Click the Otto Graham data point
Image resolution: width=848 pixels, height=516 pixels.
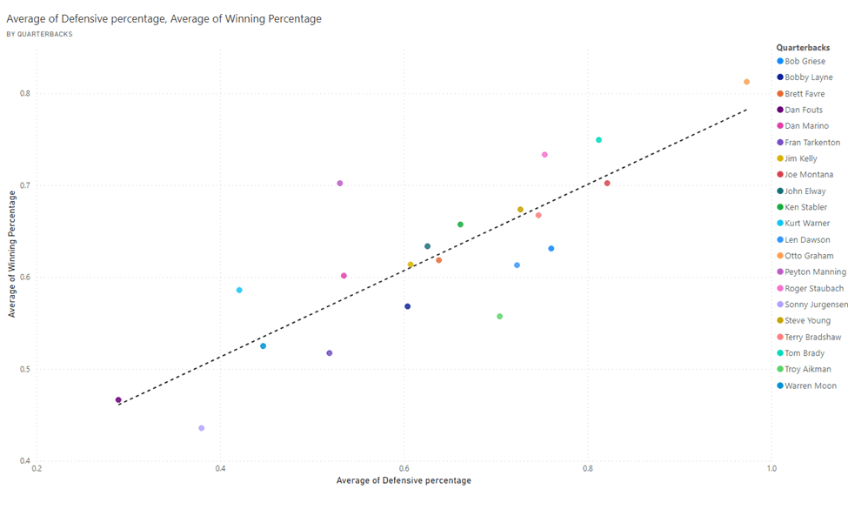(746, 82)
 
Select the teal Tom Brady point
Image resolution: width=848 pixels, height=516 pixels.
(598, 140)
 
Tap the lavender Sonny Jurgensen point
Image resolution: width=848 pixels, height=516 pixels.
(202, 428)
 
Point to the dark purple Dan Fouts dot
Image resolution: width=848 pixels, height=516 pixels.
(118, 400)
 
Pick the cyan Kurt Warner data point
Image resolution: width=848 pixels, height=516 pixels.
(239, 290)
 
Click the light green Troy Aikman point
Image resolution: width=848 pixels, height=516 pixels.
(499, 317)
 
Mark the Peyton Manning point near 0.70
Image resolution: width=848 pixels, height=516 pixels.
(340, 184)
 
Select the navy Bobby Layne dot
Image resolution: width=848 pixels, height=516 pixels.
(407, 306)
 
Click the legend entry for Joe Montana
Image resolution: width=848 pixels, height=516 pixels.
(808, 175)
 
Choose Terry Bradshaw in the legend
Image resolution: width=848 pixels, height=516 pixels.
(812, 337)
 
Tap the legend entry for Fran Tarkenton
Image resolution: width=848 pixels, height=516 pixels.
(812, 143)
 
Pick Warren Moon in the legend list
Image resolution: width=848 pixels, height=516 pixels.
(810, 385)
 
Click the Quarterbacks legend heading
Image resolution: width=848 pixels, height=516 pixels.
(803, 47)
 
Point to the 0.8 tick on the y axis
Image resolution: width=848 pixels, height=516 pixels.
(23, 94)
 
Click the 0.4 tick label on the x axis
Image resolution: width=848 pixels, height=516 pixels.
(221, 468)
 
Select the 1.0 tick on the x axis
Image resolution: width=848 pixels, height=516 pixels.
(771, 468)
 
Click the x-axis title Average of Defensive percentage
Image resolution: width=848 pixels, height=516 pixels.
(404, 480)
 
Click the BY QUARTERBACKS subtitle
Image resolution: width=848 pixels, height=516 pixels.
(39, 34)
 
